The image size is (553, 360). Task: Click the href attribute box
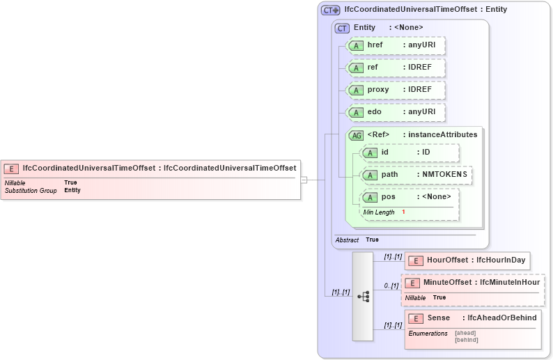point(396,45)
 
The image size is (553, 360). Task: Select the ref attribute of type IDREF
point(396,68)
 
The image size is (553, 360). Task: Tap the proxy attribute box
point(396,90)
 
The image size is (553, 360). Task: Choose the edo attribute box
point(396,112)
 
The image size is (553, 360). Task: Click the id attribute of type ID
point(409,152)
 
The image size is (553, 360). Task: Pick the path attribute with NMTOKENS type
point(416,174)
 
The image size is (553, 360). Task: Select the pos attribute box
point(409,197)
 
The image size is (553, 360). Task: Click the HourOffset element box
point(467,260)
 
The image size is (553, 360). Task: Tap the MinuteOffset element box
point(472,283)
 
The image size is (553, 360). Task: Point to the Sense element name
point(439,318)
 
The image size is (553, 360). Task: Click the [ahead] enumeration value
point(465,333)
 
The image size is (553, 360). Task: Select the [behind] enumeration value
point(467,340)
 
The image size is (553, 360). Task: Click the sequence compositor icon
point(363,296)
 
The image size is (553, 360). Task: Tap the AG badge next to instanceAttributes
point(356,135)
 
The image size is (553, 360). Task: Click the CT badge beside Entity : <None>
point(342,28)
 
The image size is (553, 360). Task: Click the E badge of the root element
point(12,168)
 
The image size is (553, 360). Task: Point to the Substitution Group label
point(31,190)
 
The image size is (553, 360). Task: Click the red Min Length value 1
point(403,212)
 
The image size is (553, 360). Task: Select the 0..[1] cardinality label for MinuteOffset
point(391,285)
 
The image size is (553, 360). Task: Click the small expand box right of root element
point(304,180)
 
